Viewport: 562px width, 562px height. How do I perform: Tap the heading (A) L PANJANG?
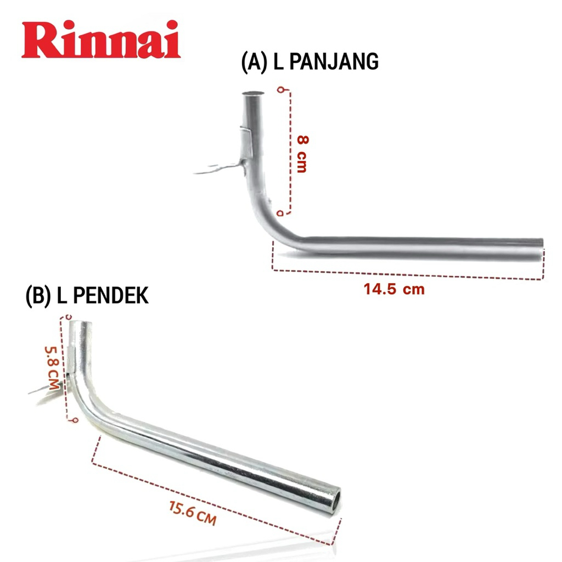click(310, 62)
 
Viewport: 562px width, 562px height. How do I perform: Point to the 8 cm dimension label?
click(301, 154)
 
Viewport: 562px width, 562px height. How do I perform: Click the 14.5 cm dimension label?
click(394, 289)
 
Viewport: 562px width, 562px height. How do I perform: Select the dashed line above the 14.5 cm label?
click(406, 275)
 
